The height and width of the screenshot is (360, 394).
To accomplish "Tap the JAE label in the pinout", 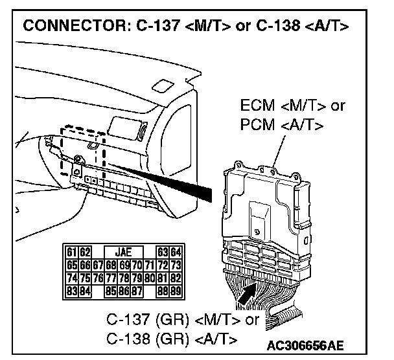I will (x=121, y=251).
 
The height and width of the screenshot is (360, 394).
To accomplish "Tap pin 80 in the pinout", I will (x=151, y=278).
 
